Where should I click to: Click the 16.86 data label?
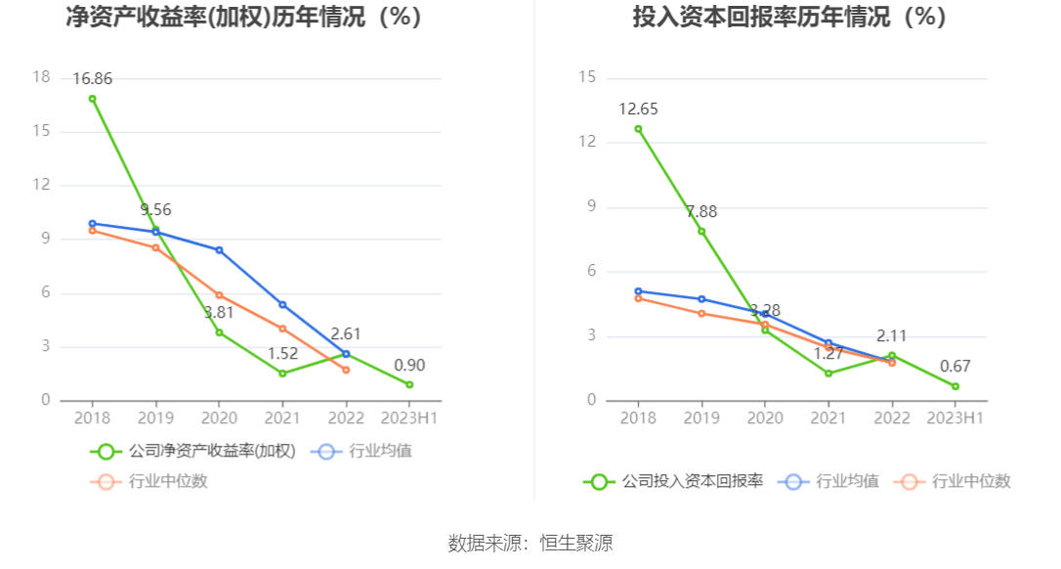93,79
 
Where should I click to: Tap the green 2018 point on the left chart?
93,99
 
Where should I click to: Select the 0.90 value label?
409,366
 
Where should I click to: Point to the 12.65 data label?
638,109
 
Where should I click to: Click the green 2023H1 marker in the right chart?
955,386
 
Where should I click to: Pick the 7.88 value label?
701,212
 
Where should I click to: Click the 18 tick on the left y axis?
41,77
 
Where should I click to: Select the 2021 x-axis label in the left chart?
282,417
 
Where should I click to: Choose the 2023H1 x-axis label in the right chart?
955,417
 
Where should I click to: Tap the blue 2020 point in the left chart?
219,250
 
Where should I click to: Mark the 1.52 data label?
282,354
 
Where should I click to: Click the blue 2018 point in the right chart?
638,291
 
